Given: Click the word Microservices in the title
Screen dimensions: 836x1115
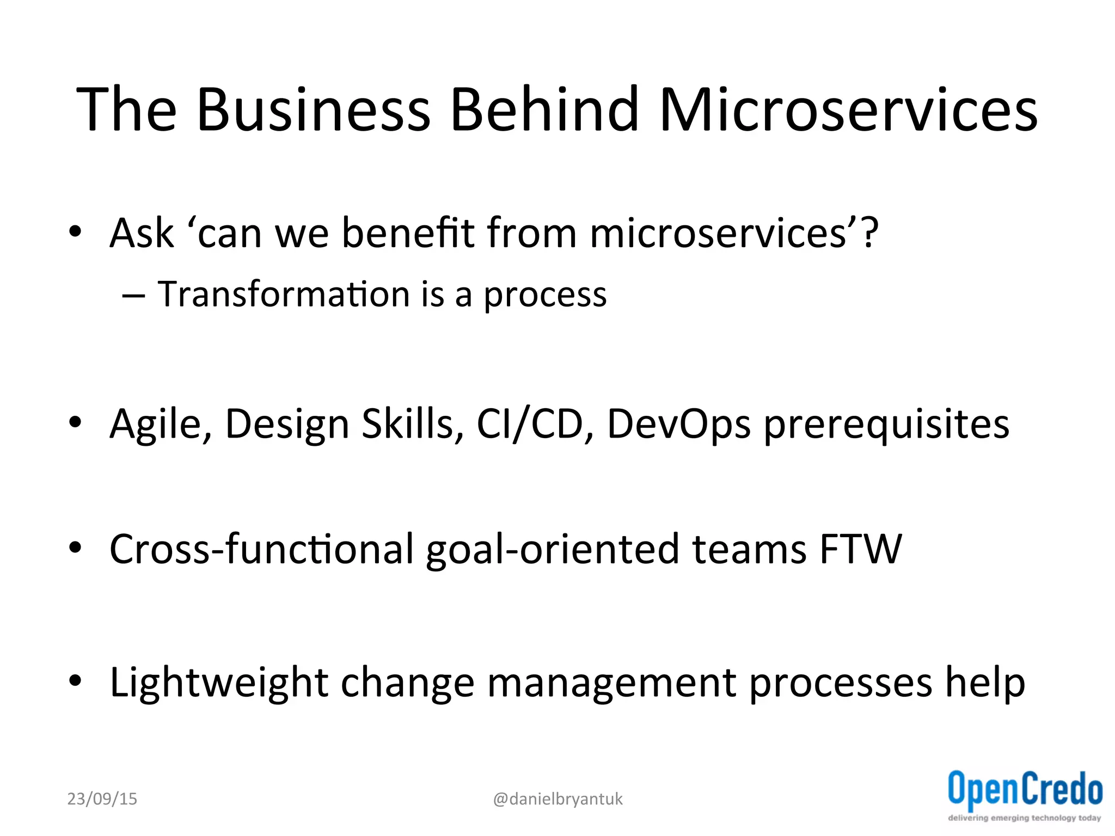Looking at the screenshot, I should [848, 110].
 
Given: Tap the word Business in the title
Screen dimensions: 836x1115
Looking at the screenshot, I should [314, 110].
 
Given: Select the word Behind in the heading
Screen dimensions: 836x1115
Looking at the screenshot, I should [544, 110].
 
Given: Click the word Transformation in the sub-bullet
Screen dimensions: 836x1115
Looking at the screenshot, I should [283, 294].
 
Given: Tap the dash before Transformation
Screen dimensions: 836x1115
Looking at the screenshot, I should [133, 296].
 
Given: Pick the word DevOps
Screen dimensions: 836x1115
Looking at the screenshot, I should [678, 424].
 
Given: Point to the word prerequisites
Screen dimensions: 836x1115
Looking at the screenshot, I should [886, 425].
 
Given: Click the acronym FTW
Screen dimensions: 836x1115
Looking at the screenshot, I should [860, 549].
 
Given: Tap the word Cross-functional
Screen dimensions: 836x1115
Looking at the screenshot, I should [261, 549].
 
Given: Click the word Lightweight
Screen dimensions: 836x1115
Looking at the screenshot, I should [219, 683].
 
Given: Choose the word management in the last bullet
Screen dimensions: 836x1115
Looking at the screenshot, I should [611, 683].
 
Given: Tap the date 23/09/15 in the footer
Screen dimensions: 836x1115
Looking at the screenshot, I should [102, 799].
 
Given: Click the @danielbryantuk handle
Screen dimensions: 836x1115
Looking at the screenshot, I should [557, 799].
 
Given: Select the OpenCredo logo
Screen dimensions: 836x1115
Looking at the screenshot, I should [1025, 795].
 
